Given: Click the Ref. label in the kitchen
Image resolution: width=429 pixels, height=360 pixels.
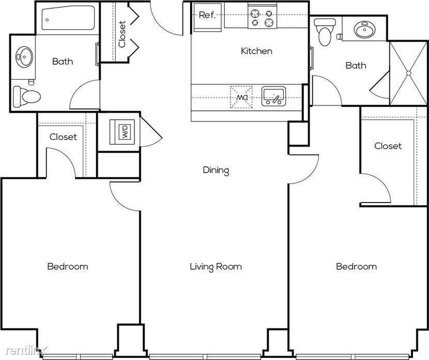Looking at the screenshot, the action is (x=207, y=15).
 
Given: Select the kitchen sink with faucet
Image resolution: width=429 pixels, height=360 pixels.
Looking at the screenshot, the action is (x=273, y=97).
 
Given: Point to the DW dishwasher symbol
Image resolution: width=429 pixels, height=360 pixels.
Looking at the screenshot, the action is (x=241, y=97).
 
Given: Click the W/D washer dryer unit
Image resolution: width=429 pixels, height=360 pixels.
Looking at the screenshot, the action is (x=122, y=132).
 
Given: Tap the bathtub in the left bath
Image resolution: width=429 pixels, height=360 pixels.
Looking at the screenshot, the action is (x=68, y=18).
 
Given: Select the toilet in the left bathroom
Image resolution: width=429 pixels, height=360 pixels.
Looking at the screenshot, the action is (x=27, y=97).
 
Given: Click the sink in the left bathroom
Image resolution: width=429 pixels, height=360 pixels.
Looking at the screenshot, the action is (x=24, y=57).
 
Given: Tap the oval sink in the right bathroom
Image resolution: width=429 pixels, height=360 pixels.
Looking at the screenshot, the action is (x=364, y=29).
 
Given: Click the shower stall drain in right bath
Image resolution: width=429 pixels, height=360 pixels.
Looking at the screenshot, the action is (x=408, y=73).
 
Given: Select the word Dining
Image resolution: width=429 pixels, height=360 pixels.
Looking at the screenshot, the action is (x=216, y=170).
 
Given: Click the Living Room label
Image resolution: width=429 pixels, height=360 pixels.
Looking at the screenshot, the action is (x=216, y=267).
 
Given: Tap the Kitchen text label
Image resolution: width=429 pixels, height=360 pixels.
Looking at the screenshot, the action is (x=256, y=51).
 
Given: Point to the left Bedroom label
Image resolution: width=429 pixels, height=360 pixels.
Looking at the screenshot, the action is (x=68, y=266).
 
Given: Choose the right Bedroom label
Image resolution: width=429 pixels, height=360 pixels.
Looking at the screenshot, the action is (x=356, y=266).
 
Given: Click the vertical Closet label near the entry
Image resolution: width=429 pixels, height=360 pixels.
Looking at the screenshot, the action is (x=122, y=34).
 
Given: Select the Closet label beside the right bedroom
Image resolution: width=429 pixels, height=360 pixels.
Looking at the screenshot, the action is (x=388, y=146).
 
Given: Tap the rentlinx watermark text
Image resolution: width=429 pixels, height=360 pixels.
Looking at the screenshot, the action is (x=26, y=350).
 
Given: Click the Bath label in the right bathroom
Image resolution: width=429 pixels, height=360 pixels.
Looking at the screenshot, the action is (x=356, y=65).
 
